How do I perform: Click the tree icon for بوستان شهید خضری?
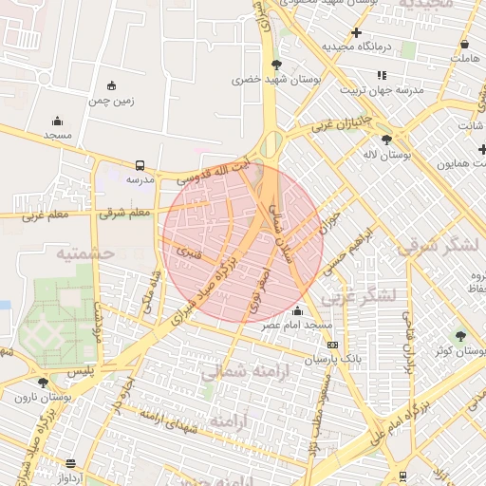[276, 65]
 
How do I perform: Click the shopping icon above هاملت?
[464, 44]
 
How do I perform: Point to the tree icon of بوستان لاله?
[385, 140]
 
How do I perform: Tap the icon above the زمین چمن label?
[112, 85]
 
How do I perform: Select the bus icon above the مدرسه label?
[140, 164]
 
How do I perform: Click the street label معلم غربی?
[46, 215]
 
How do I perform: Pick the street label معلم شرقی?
[125, 213]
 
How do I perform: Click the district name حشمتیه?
[84, 253]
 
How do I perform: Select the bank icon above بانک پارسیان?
[331, 346]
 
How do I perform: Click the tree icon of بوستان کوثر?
[460, 336]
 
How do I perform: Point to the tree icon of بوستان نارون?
[43, 383]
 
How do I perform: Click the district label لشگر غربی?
[358, 296]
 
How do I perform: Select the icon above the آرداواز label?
[70, 462]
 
